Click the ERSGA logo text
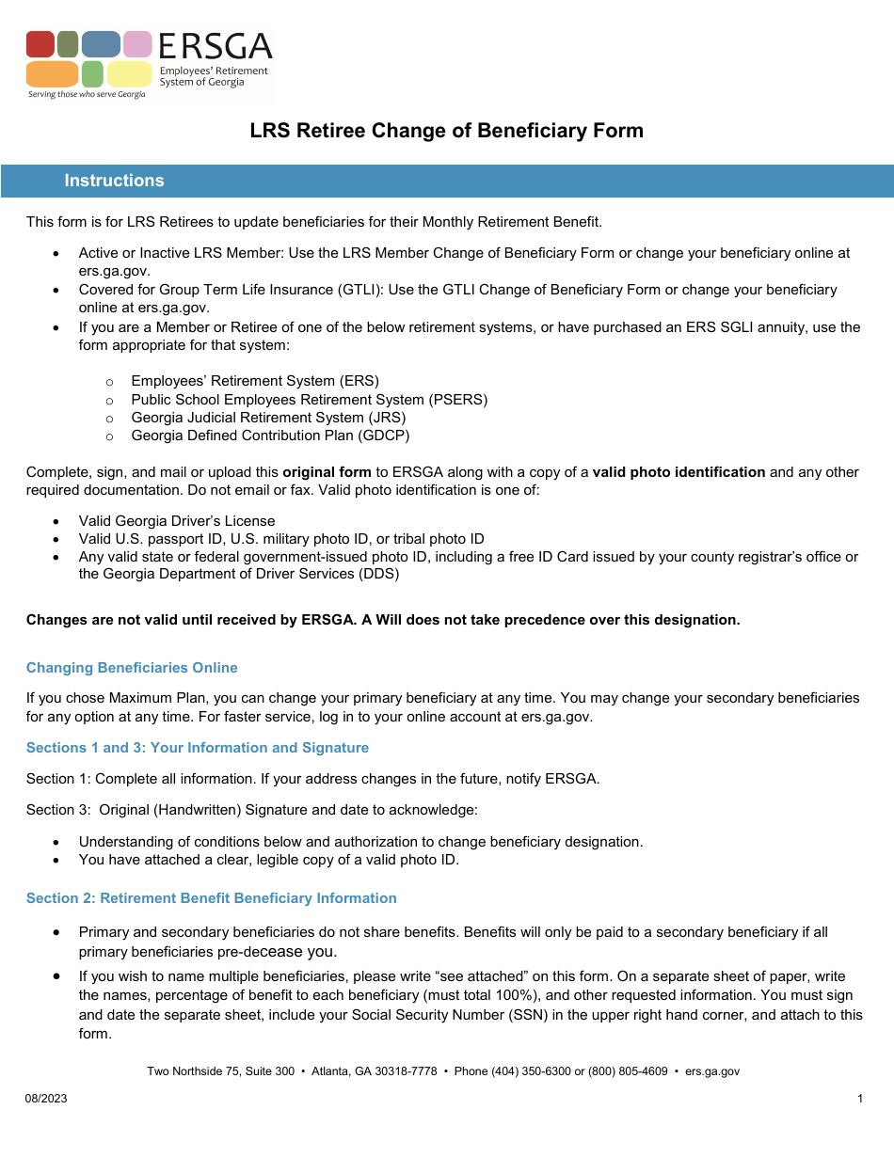(215, 46)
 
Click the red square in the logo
(40, 44)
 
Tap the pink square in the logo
(137, 44)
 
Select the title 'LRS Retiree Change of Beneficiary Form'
(446, 131)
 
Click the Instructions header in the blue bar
(114, 181)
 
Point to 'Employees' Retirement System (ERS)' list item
(255, 381)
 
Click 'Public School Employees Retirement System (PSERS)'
(309, 400)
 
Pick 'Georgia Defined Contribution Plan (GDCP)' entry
(270, 436)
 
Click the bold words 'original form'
(327, 472)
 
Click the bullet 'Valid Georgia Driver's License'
(177, 521)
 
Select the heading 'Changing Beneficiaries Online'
(132, 668)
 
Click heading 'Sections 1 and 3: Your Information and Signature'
(198, 748)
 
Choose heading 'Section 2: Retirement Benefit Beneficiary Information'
(212, 898)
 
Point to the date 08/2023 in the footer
(46, 1099)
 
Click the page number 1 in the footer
(860, 1099)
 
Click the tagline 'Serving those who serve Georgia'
(87, 95)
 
